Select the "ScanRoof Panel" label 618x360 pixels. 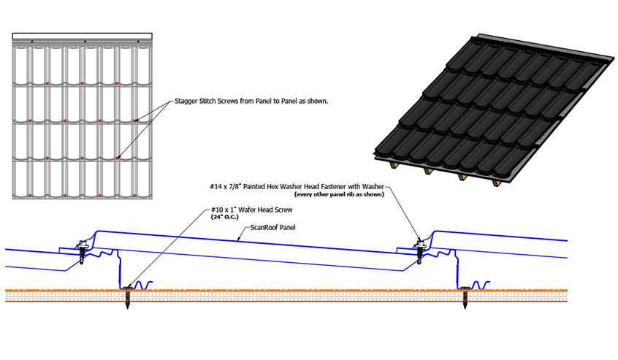click(272, 228)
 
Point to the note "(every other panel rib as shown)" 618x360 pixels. click(339, 194)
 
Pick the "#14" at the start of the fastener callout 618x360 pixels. click(216, 187)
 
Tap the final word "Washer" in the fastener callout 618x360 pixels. click(373, 187)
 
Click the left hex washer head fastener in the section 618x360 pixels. click(82, 251)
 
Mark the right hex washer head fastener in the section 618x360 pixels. click(419, 251)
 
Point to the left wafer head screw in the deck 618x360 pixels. click(127, 296)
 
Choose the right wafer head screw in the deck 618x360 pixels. click(465, 296)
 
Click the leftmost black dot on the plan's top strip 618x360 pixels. click(32, 42)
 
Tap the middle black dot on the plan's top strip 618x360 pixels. click(85, 42)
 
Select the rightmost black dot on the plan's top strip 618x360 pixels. click(138, 42)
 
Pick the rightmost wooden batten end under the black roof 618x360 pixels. click(497, 183)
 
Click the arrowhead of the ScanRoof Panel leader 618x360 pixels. click(238, 239)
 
